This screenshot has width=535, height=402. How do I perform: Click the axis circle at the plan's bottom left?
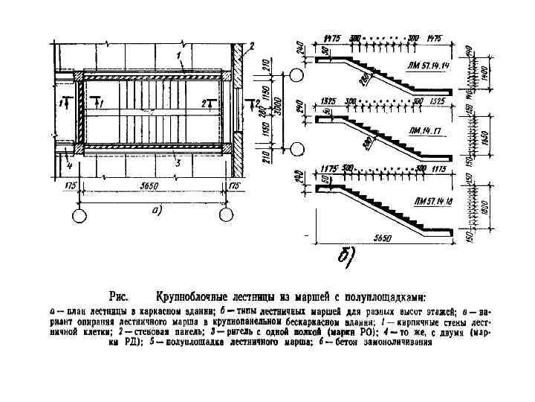coord(79,215)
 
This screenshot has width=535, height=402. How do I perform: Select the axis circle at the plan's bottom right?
coord(225,215)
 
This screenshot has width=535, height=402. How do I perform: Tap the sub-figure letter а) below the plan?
coord(157,211)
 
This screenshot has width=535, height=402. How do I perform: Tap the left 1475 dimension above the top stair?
coord(331,36)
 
